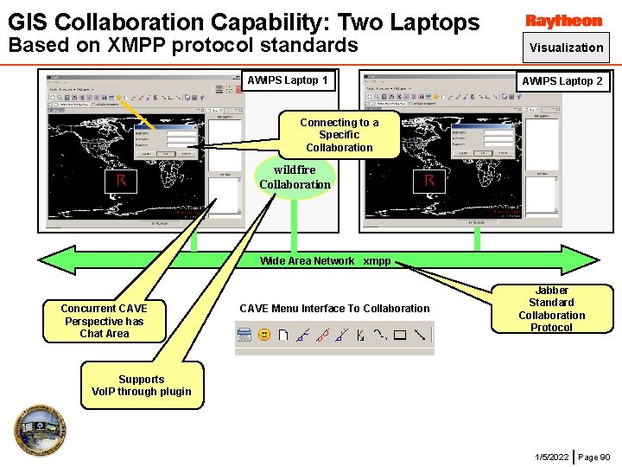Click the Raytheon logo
click(563, 21)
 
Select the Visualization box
click(566, 48)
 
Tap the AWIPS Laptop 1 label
click(288, 80)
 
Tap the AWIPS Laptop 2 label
click(562, 80)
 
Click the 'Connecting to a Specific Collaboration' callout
click(339, 135)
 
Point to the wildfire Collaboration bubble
click(295, 177)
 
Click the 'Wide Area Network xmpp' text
click(325, 261)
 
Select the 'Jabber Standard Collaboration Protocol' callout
click(551, 309)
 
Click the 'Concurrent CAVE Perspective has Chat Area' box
click(104, 321)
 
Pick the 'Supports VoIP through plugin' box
click(142, 385)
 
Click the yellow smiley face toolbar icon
click(264, 334)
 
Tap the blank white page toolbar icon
click(282, 334)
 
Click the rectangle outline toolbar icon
click(400, 334)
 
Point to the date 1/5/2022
click(551, 457)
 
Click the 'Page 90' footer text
click(593, 457)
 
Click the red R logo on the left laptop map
click(122, 181)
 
